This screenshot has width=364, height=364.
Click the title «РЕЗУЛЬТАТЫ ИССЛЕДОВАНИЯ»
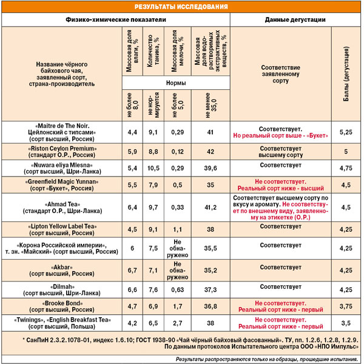181,7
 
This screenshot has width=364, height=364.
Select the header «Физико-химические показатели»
115,19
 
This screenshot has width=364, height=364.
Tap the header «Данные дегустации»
295,19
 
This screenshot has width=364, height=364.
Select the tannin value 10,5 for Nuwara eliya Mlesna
154,167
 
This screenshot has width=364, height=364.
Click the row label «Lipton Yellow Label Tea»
62,229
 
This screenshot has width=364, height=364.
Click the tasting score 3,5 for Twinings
346,323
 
